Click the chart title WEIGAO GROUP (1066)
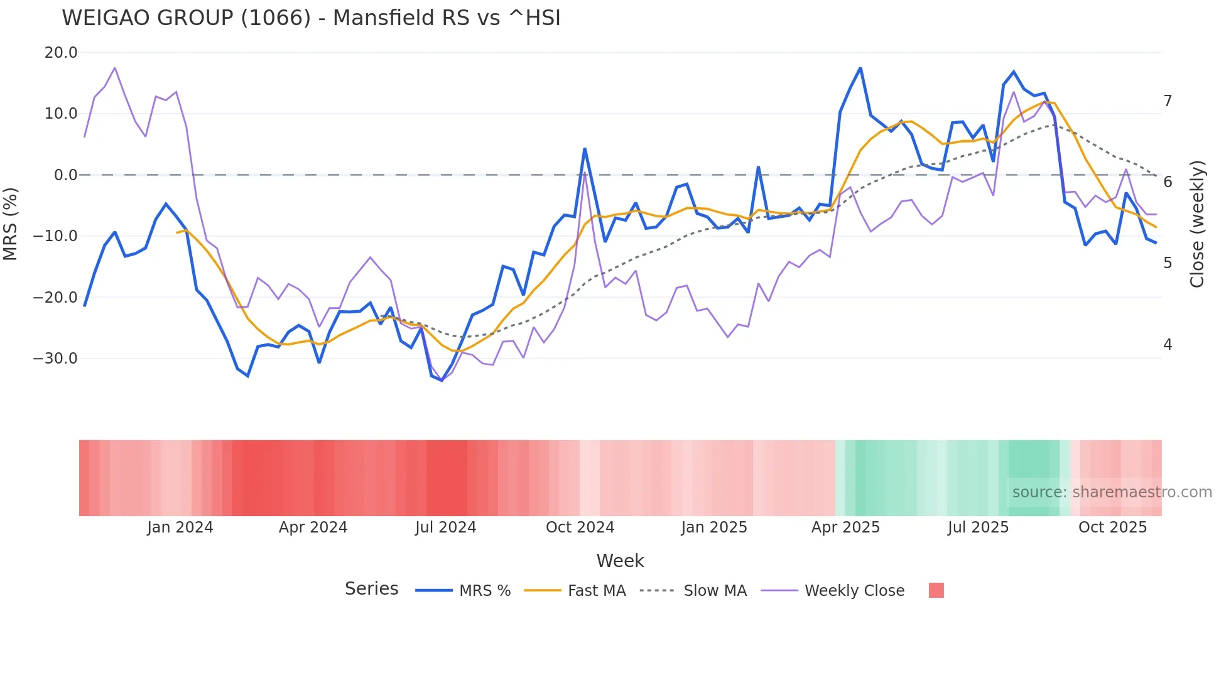click(311, 18)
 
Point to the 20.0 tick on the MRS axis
click(61, 53)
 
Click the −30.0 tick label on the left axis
click(55, 359)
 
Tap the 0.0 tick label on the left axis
click(65, 175)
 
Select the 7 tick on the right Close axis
click(1168, 101)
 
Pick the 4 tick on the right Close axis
click(1168, 345)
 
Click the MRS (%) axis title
click(11, 224)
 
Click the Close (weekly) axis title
click(1197, 224)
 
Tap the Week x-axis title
click(620, 561)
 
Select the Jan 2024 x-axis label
click(180, 527)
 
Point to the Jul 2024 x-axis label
click(446, 527)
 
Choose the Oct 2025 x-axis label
click(1112, 527)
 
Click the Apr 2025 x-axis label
click(845, 527)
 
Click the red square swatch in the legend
click(936, 590)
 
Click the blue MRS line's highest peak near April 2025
click(860, 68)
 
